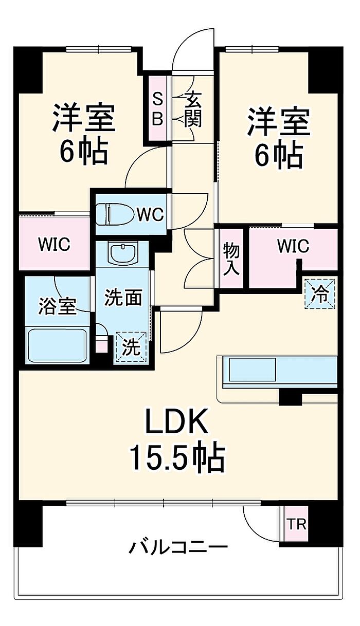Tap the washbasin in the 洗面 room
122,253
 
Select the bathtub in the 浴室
57,345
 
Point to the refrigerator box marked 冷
320,293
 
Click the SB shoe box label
157,108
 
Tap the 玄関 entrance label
193,109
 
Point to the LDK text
177,422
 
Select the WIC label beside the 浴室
53,244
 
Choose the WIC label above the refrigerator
293,247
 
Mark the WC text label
150,214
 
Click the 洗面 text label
123,298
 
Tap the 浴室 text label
58,305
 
